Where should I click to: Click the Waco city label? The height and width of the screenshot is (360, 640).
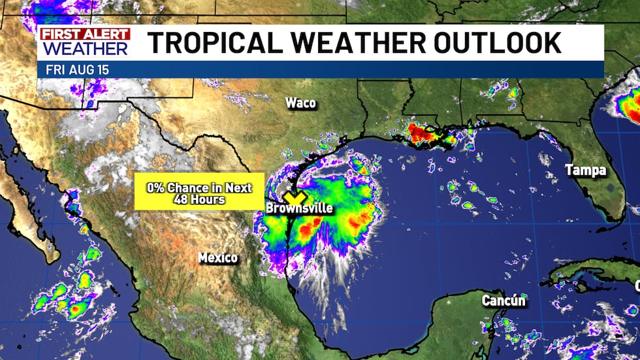(300, 103)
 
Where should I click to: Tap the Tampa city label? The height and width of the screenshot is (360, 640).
(586, 171)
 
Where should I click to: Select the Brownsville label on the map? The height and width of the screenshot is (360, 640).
(300, 208)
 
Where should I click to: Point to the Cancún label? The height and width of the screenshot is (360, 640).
(504, 301)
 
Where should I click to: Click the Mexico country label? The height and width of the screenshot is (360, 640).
(218, 258)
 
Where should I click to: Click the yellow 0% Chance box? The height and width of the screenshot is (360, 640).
(199, 191)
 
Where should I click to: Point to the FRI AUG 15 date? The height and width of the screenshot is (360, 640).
(72, 69)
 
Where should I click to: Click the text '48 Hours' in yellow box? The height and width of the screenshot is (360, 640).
(199, 199)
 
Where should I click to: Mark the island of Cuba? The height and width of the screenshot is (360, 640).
(588, 278)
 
